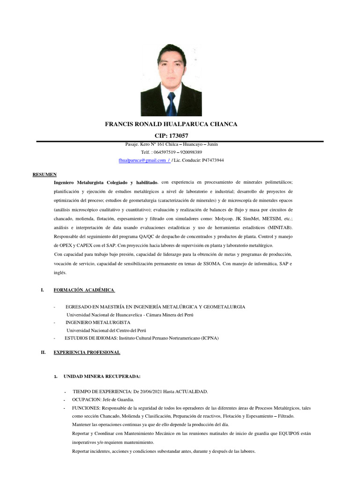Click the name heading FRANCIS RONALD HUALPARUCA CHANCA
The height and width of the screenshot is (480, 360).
[x=171, y=124]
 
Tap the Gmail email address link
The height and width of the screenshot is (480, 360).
[x=143, y=160]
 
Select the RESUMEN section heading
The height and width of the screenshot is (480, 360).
[x=44, y=174]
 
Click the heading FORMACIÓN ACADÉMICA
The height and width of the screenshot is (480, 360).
[x=83, y=290]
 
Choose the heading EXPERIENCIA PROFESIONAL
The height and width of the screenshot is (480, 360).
[x=87, y=352]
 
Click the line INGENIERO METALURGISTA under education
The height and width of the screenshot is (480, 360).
[x=98, y=322]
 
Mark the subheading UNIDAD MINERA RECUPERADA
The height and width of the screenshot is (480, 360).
[x=101, y=376]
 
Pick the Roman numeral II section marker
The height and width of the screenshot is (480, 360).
[x=43, y=352]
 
